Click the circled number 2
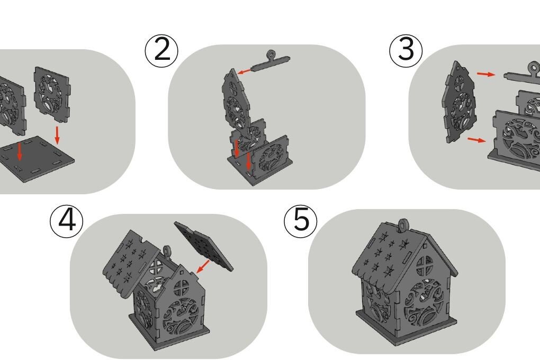click(x=161, y=50)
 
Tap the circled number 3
click(x=406, y=50)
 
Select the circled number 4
click(x=67, y=221)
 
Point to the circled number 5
click(x=301, y=221)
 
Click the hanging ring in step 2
click(x=272, y=55)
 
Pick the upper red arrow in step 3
click(x=486, y=74)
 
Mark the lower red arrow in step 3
click(x=476, y=140)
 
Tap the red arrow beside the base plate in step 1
click(x=57, y=135)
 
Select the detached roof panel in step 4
click(x=203, y=246)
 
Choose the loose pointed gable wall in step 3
click(x=460, y=102)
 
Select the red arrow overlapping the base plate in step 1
click(x=20, y=151)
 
